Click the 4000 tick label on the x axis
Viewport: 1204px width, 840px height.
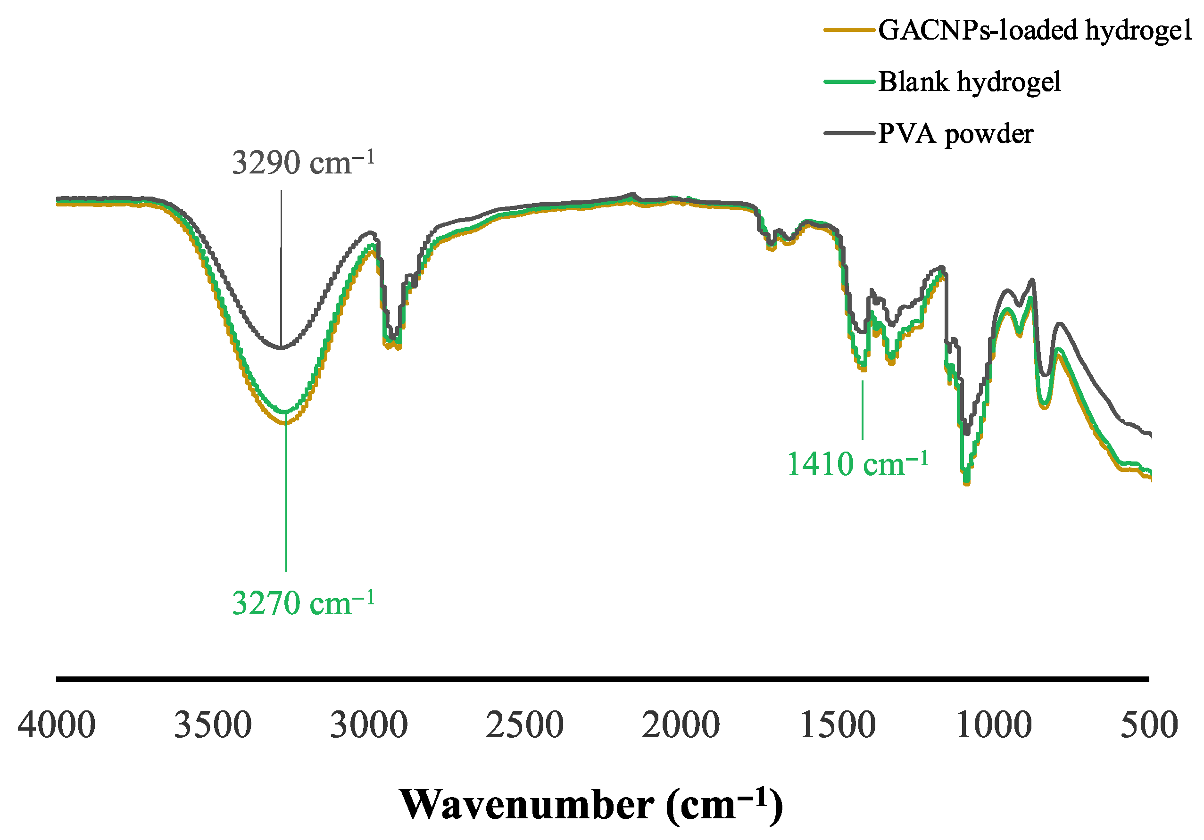point(57,725)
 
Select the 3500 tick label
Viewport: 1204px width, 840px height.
point(212,725)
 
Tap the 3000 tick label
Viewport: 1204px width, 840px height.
point(369,725)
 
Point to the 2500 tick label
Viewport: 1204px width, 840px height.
point(524,725)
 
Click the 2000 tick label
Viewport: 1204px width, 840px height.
point(681,725)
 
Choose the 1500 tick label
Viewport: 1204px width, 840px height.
point(838,725)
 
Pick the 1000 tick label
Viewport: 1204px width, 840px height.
point(994,725)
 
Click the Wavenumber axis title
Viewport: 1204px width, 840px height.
point(591,804)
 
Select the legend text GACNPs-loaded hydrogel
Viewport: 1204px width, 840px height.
point(1035,30)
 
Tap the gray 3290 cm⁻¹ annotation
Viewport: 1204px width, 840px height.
point(303,163)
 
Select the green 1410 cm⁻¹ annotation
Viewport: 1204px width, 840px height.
point(857,464)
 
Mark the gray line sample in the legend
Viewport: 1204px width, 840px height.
point(849,133)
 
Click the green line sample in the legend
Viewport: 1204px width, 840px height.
point(849,82)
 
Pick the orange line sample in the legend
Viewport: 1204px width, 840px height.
point(849,30)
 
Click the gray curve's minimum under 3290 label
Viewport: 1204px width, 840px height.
point(281,347)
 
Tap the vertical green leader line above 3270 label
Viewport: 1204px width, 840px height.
point(286,498)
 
